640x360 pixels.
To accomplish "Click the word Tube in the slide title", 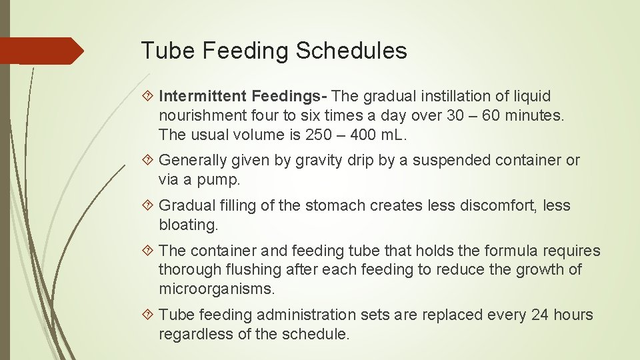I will pos(163,51).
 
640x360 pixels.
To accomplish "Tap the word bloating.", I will pos(188,225).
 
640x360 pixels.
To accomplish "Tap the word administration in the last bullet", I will pos(306,315).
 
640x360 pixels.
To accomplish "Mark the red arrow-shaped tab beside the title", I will pos(41,51).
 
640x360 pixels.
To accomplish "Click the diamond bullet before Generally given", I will pos(149,161).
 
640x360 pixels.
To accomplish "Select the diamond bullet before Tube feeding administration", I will pos(149,315).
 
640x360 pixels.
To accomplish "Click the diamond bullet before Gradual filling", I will pos(149,206).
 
